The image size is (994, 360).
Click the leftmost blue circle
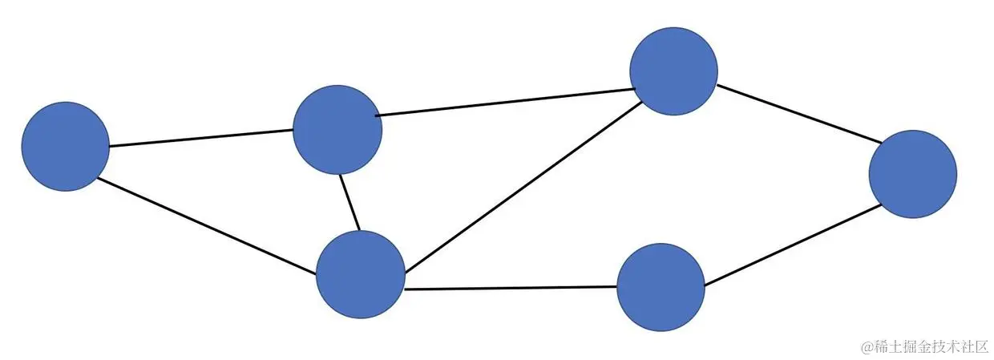pyautogui.click(x=65, y=146)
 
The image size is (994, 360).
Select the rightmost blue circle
pyautogui.click(x=912, y=173)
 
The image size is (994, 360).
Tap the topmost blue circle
pyautogui.click(x=673, y=71)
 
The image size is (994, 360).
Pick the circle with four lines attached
pyautogui.click(x=361, y=274)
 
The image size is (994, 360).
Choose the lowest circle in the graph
pyautogui.click(x=661, y=287)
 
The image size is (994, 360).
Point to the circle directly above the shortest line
pyautogui.click(x=337, y=130)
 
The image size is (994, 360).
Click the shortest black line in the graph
pyautogui.click(x=349, y=202)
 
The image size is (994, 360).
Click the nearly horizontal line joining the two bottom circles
pyautogui.click(x=511, y=288)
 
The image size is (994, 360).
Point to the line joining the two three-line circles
pyautogui.click(x=505, y=102)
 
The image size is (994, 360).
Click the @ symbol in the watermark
pyautogui.click(x=867, y=346)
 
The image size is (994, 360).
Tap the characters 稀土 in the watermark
pyautogui.click(x=887, y=346)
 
